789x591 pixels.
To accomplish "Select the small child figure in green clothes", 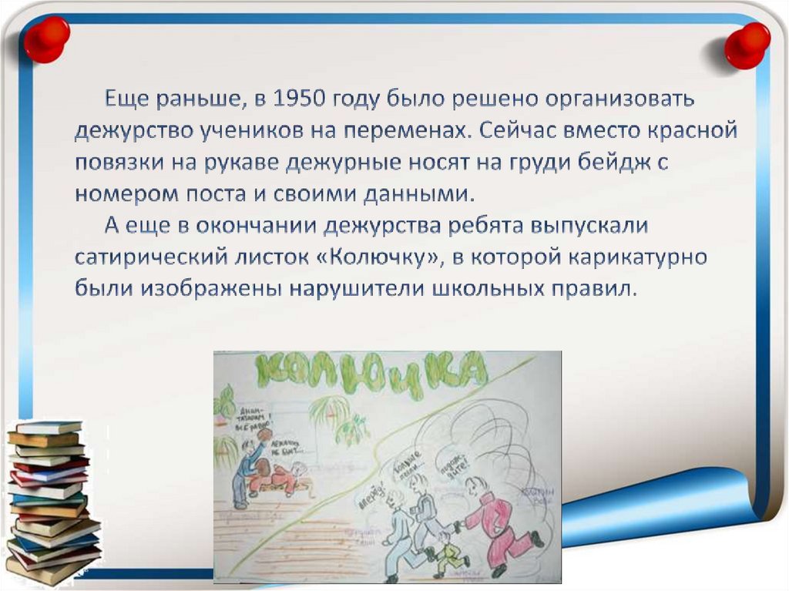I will coord(448,552).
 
